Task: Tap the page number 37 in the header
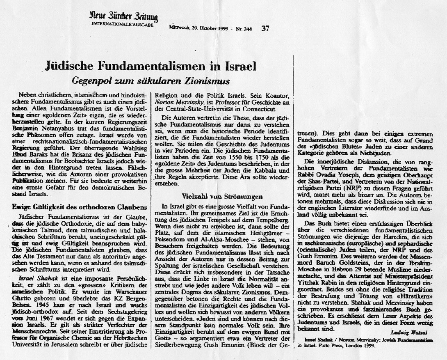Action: pos(265,28)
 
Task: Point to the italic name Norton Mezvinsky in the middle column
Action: pos(177,99)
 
